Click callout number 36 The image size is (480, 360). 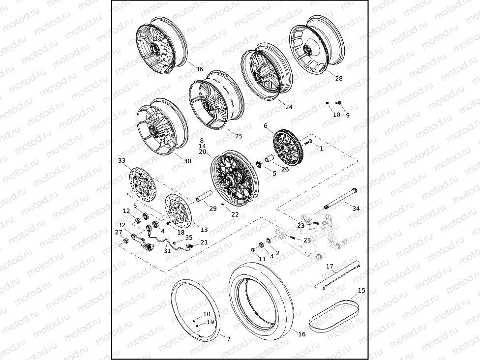click(199, 69)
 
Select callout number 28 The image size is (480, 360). click(339, 78)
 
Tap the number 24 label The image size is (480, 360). click(289, 106)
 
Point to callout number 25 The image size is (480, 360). click(239, 136)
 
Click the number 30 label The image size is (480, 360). click(187, 161)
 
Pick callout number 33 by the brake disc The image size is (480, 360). click(122, 160)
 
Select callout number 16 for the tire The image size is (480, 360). click(301, 334)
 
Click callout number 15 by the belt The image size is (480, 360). click(361, 291)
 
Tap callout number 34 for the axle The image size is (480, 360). click(356, 209)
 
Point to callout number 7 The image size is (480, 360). click(228, 339)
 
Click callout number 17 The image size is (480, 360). click(330, 267)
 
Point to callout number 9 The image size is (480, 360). click(348, 115)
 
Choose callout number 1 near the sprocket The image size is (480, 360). click(321, 148)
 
